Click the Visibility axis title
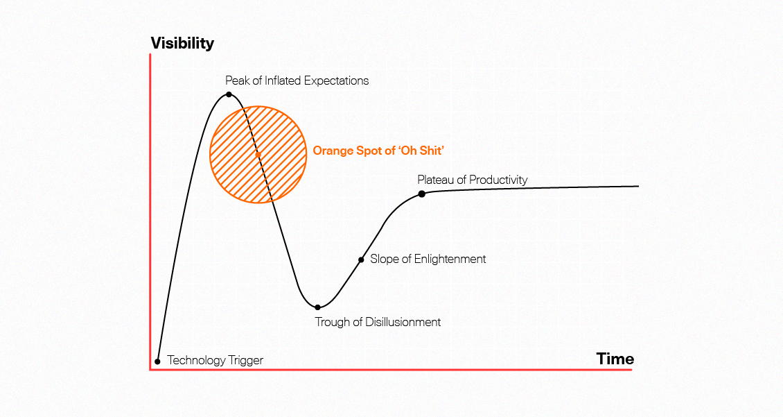(x=182, y=44)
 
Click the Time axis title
(x=615, y=359)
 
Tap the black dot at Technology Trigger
(x=157, y=361)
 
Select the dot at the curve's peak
(x=229, y=94)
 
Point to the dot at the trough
(x=317, y=307)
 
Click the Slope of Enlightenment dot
(x=361, y=260)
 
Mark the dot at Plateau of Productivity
(x=421, y=194)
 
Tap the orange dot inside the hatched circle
(x=258, y=155)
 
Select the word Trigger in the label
(x=246, y=360)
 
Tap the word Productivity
(x=498, y=180)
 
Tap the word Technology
(x=196, y=360)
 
